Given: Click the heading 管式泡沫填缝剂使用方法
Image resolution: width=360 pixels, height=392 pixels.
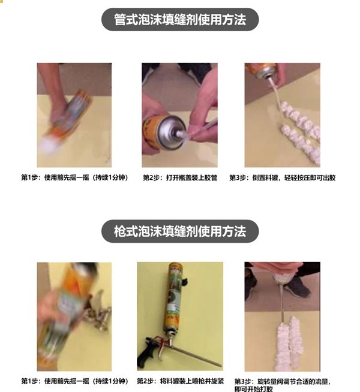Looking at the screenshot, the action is (x=180, y=20).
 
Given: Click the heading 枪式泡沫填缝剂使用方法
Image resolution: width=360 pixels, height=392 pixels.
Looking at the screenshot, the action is (x=180, y=231).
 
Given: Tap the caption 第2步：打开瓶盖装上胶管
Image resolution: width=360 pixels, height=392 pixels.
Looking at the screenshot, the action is (x=180, y=178).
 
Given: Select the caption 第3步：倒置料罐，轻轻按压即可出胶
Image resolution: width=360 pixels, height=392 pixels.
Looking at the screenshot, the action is (x=283, y=178).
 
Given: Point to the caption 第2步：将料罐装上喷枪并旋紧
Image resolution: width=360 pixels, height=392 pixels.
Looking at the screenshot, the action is (x=180, y=381).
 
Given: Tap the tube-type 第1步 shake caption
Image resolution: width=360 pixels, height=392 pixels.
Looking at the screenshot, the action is (x=74, y=178).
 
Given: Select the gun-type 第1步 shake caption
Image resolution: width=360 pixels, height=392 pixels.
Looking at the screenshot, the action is (x=74, y=381).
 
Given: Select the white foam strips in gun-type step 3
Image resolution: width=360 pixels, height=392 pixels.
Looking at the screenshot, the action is (x=290, y=344).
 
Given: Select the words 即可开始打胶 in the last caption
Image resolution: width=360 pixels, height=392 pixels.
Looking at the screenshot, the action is (x=253, y=389).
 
